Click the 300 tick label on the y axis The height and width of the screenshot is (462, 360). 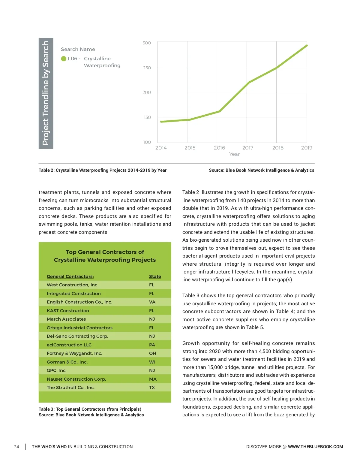(147, 43)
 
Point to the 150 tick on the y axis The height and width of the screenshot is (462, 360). (147, 117)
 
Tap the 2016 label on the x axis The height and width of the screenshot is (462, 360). (219, 148)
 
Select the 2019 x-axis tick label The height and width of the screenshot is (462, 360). (307, 148)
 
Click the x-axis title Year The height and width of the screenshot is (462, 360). (234, 154)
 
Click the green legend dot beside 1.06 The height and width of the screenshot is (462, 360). (64, 59)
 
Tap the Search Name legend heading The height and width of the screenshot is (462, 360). (78, 49)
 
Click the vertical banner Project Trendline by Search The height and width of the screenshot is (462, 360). (46, 93)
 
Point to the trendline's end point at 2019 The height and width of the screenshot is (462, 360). (307, 46)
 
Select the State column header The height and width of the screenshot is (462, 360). (155, 276)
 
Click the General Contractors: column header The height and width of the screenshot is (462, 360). (70, 276)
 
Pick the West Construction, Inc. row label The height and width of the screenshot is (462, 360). (73, 285)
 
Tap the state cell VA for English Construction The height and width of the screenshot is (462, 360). (152, 302)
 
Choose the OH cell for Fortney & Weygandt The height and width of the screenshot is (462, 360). (152, 353)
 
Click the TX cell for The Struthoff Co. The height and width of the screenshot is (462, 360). (152, 388)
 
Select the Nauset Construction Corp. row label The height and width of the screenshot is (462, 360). (76, 379)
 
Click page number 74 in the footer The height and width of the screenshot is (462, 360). (16, 447)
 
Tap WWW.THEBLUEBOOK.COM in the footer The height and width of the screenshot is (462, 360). (315, 447)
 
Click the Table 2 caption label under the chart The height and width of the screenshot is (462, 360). (103, 170)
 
